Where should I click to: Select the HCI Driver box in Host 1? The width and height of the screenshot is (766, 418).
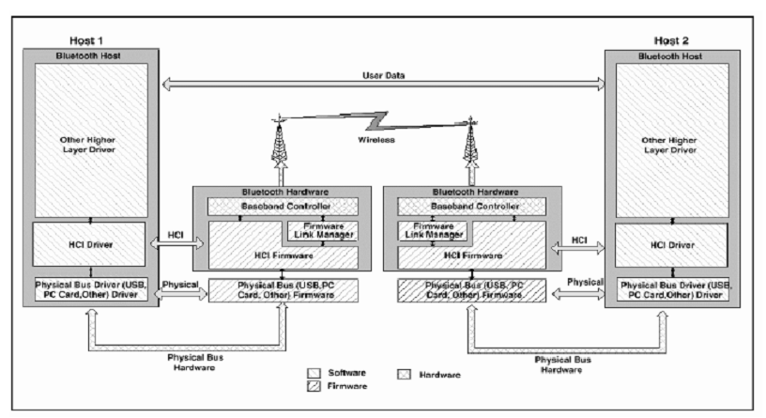point(86,244)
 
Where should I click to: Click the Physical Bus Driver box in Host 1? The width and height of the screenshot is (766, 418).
point(86,292)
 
